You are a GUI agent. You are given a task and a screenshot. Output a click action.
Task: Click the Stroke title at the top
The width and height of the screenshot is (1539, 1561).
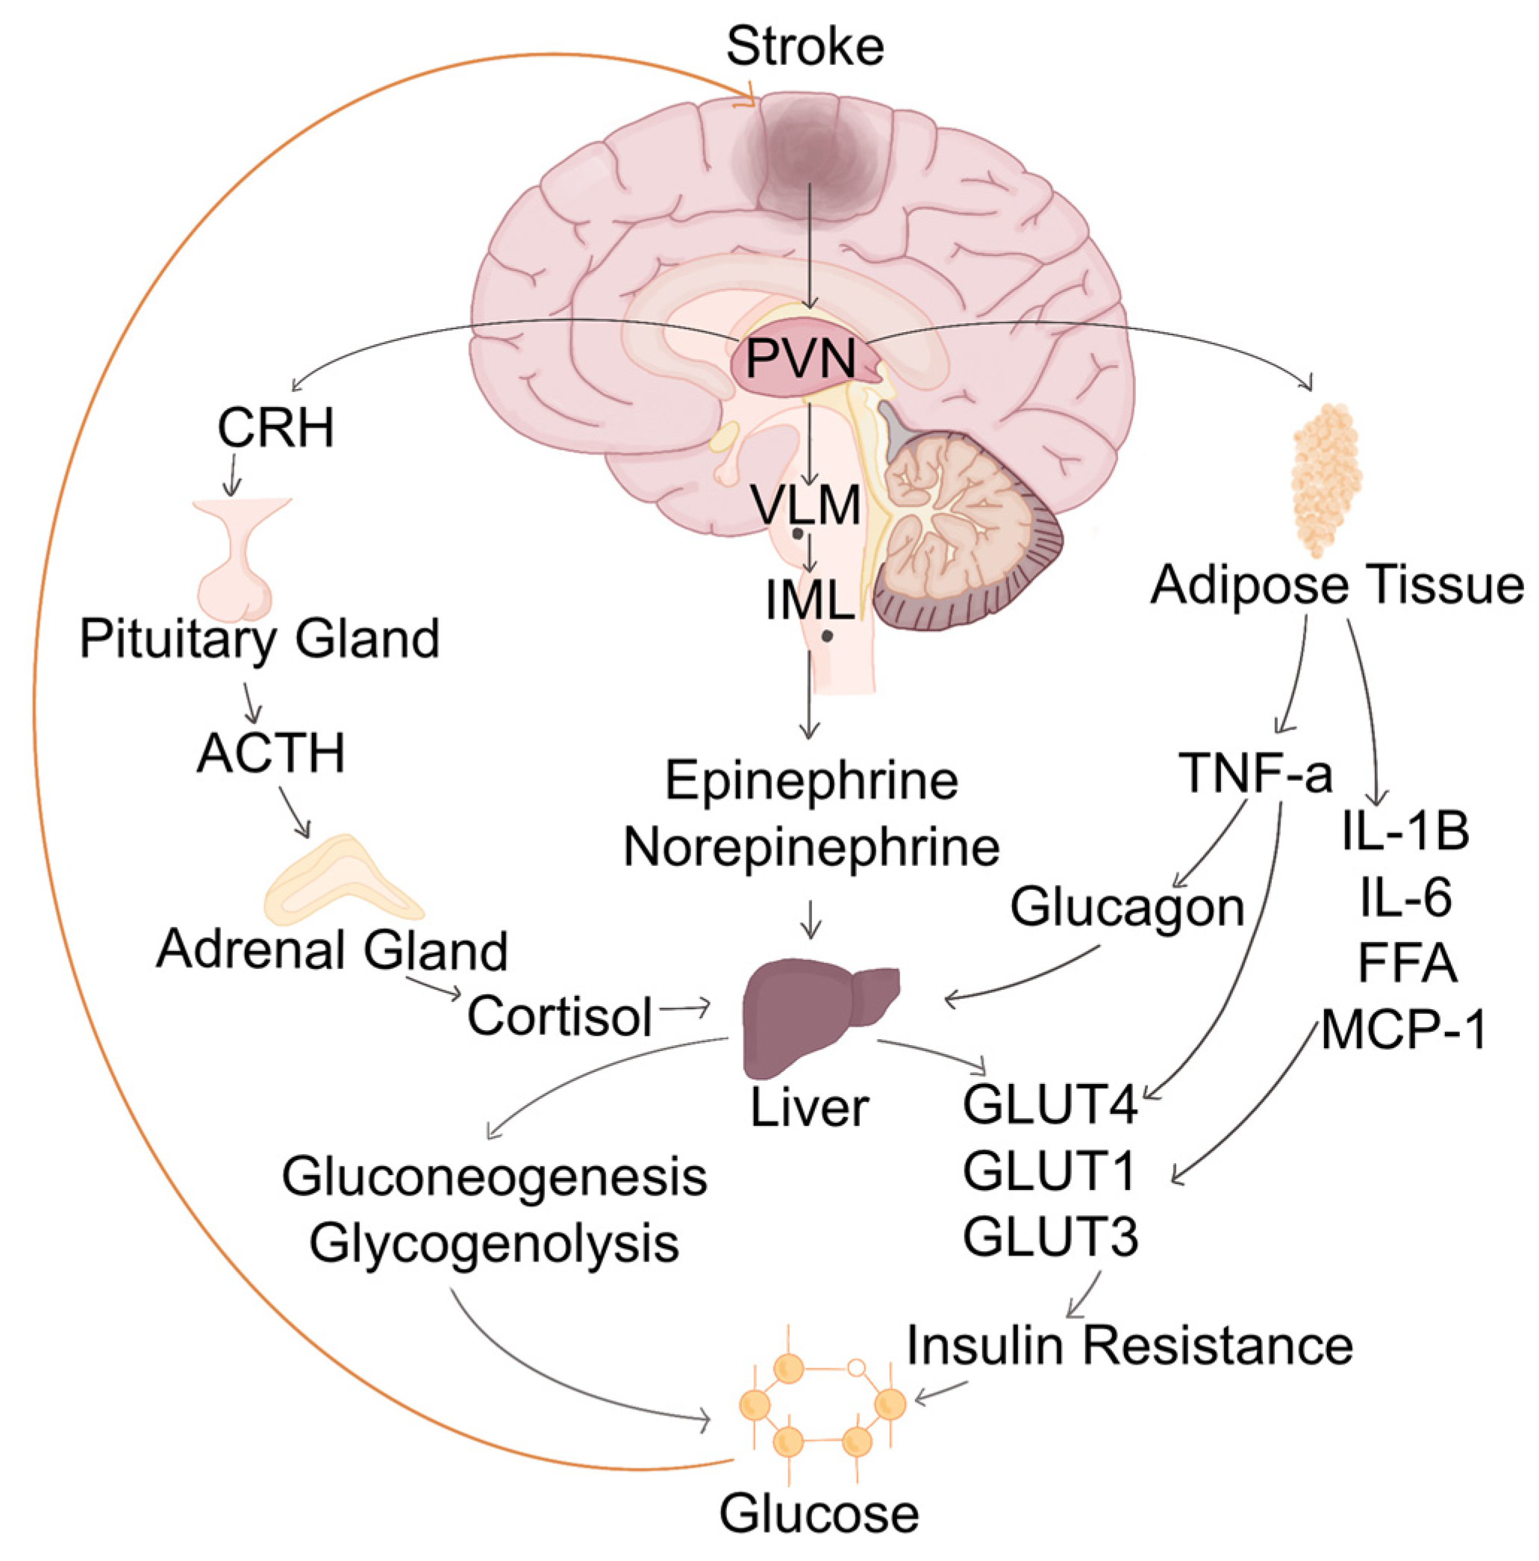point(805,47)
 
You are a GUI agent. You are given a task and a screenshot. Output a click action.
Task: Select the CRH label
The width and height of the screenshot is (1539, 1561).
point(275,428)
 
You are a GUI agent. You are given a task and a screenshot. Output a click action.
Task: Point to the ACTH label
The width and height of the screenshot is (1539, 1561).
point(272,753)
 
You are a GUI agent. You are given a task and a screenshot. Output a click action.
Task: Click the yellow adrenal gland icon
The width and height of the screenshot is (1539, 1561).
point(343,884)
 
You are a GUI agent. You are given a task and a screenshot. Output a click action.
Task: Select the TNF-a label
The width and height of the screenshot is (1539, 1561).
point(1255,773)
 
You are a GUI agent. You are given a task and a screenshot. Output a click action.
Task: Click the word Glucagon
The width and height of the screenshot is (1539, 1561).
point(1127,907)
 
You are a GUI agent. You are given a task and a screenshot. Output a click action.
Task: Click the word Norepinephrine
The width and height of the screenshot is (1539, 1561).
point(811,847)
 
